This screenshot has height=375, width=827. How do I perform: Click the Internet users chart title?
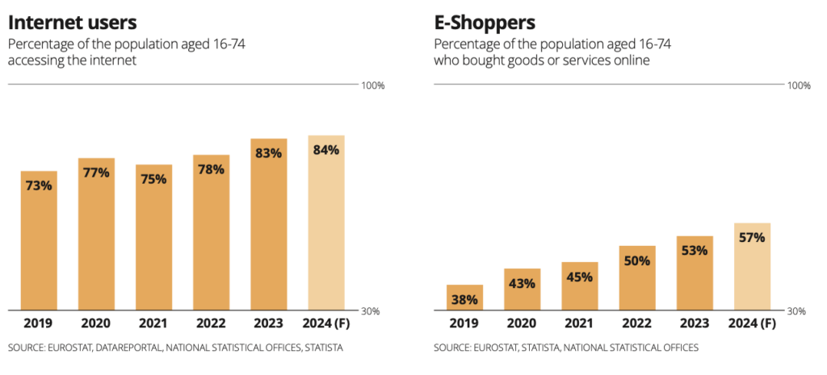pyautogui.click(x=72, y=22)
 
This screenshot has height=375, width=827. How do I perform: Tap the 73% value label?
pyautogui.click(x=39, y=185)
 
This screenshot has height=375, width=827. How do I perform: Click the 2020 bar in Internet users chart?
pyautogui.click(x=96, y=234)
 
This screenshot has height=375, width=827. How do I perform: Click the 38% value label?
pyautogui.click(x=464, y=298)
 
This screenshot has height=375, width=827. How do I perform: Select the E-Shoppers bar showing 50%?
pyautogui.click(x=637, y=278)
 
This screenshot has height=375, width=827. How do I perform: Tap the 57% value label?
pyautogui.click(x=752, y=237)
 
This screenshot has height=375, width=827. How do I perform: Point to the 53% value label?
pyautogui.click(x=695, y=250)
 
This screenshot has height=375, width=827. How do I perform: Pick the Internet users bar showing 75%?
pyautogui.click(x=153, y=238)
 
